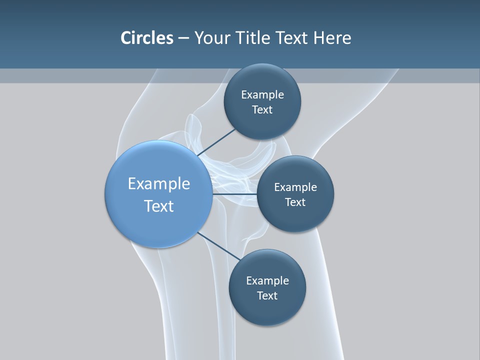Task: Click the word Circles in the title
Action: (x=147, y=38)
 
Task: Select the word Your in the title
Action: (x=212, y=38)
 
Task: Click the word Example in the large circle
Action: (x=159, y=184)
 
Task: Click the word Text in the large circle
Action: (x=159, y=206)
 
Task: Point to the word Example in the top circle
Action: (x=262, y=95)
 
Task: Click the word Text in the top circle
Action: (x=262, y=110)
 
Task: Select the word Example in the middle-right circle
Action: (x=295, y=187)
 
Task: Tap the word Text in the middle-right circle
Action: (x=295, y=202)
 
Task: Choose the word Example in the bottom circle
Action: (x=267, y=281)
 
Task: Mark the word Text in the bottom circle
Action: (x=267, y=296)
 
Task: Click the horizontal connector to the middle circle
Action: (x=235, y=194)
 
